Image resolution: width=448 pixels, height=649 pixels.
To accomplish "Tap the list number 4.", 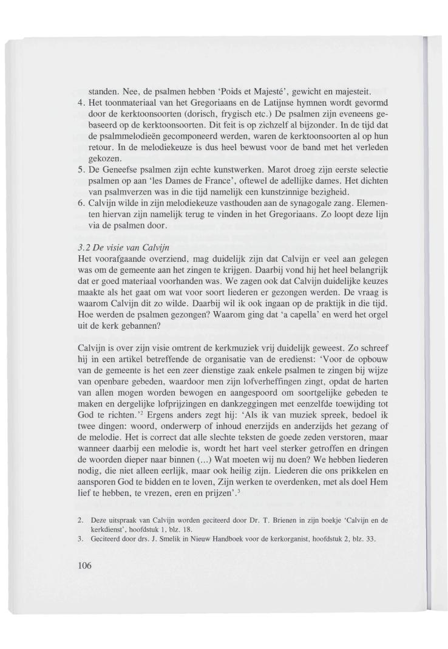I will [x=81, y=102].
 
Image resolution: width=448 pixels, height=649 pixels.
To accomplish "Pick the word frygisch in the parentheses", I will [x=226, y=113].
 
